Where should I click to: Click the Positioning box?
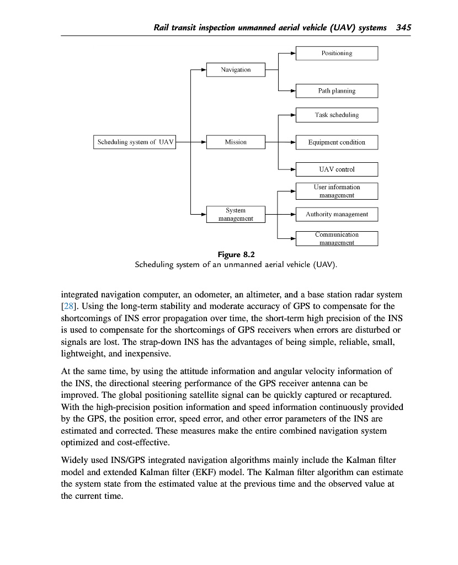point(337,54)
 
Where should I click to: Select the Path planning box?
point(337,90)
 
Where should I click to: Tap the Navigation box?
point(236,70)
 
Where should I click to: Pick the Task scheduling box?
point(337,115)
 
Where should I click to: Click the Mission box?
point(236,142)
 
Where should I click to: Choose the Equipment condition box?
point(337,142)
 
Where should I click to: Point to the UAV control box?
point(337,169)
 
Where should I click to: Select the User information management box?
point(337,191)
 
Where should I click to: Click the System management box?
point(236,214)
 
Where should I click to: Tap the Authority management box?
point(337,214)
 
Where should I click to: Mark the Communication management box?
point(337,238)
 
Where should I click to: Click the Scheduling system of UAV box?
point(135,142)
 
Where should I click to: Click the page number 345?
point(404,28)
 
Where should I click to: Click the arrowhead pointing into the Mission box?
point(203,142)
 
